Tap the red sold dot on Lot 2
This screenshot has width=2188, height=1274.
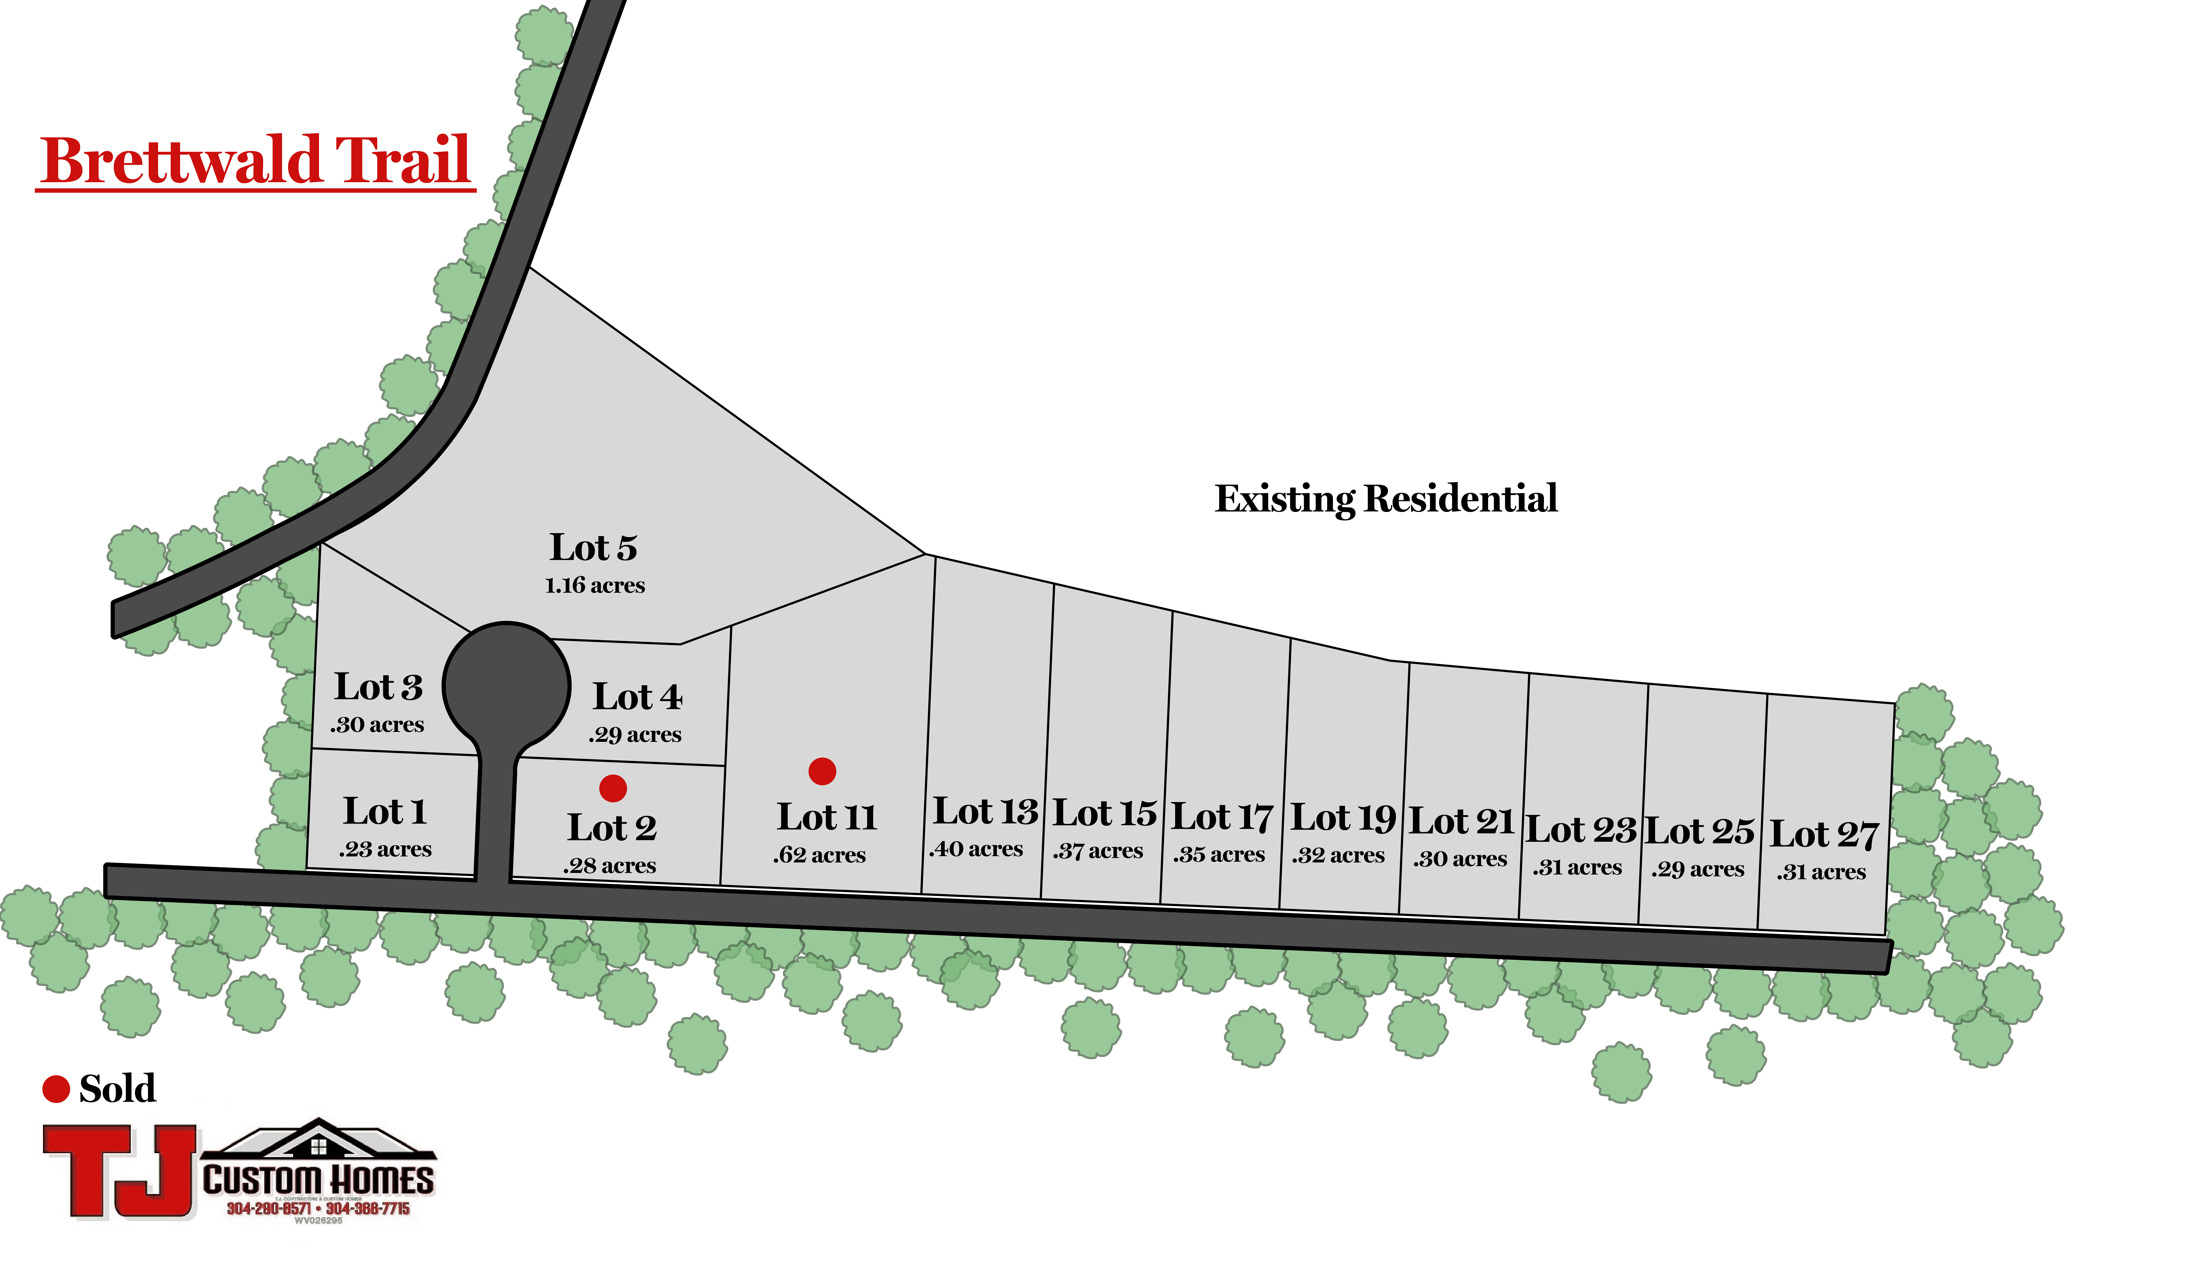(613, 789)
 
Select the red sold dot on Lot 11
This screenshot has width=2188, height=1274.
(822, 771)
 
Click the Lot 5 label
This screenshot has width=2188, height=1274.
(594, 548)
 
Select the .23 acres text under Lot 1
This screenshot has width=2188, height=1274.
(386, 849)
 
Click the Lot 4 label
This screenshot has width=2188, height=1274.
(637, 697)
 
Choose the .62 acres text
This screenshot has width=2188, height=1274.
(820, 855)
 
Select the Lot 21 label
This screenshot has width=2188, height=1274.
(1461, 822)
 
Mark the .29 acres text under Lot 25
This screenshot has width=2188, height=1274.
(1698, 869)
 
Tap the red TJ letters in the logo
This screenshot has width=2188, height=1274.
(122, 1171)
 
